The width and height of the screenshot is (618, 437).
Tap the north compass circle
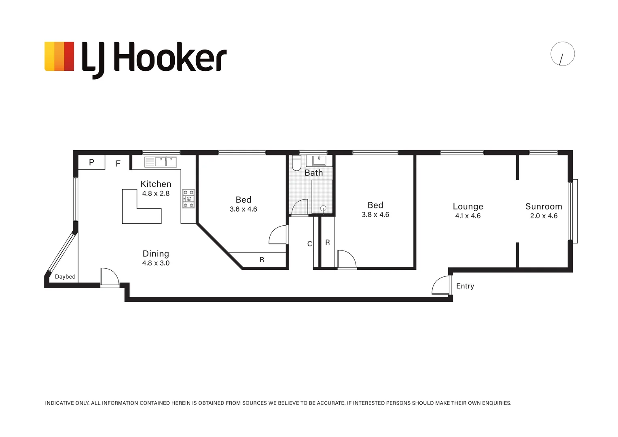coord(562,54)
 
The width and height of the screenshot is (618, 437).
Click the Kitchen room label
coord(156,184)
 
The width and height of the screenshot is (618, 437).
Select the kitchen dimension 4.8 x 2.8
coord(156,194)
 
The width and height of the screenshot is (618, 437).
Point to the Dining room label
coord(156,254)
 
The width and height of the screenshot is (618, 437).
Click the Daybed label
coord(65,277)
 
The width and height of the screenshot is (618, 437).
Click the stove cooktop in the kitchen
coord(188,199)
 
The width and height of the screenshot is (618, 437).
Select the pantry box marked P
coord(91,162)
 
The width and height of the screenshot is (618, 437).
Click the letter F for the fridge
coord(118,164)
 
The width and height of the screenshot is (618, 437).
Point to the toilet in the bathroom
coord(296,163)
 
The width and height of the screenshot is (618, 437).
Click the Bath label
coord(313,173)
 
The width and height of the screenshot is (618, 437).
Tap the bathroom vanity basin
coord(319,160)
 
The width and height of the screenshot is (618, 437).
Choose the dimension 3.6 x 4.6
coord(243,209)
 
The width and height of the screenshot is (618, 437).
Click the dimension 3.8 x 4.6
coord(375,215)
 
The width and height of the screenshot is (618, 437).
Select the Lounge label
coord(468,206)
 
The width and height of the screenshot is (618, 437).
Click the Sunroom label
coord(544,206)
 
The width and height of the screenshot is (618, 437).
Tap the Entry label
coord(465,286)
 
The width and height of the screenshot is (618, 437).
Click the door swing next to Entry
coord(441,286)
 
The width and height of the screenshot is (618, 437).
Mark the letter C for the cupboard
coord(309,244)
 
